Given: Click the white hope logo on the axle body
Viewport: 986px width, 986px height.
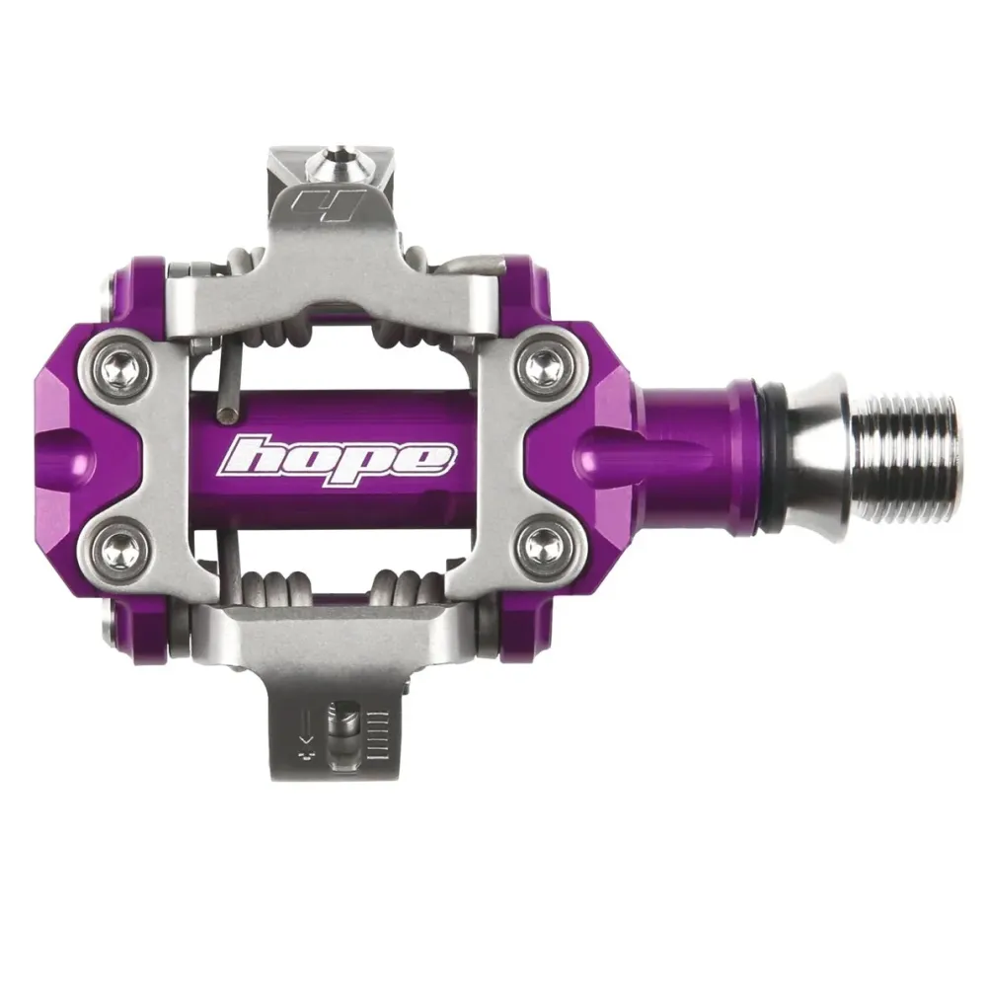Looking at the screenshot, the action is tap(334, 460).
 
